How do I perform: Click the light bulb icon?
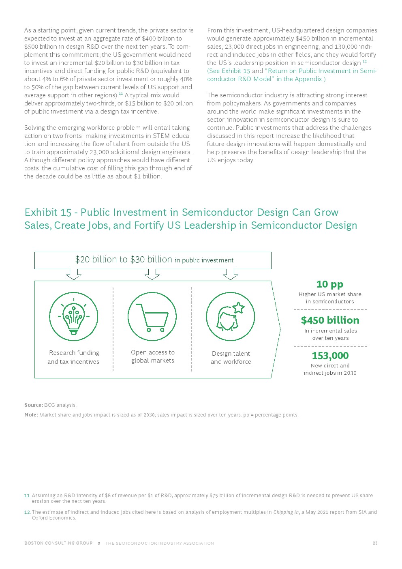click(x=73, y=317)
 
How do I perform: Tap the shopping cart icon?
click(x=152, y=317)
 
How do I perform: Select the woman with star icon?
click(x=230, y=317)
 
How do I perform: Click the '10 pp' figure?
click(x=330, y=284)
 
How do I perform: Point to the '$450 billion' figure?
click(x=330, y=320)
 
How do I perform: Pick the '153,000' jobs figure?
click(x=330, y=356)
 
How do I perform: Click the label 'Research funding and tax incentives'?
click(x=73, y=357)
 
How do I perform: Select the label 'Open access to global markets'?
click(x=153, y=356)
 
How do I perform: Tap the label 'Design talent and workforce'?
click(x=231, y=358)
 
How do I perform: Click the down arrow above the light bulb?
click(x=73, y=275)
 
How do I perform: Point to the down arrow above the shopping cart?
click(x=152, y=275)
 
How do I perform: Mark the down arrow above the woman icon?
click(x=230, y=275)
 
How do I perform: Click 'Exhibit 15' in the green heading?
click(x=48, y=213)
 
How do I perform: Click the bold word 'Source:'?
click(x=34, y=405)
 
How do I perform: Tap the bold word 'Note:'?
click(x=31, y=415)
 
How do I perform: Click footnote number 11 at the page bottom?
click(x=27, y=496)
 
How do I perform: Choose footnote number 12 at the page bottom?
click(x=27, y=512)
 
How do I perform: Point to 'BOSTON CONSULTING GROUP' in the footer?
click(x=58, y=543)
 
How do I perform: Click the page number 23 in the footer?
click(x=375, y=543)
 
